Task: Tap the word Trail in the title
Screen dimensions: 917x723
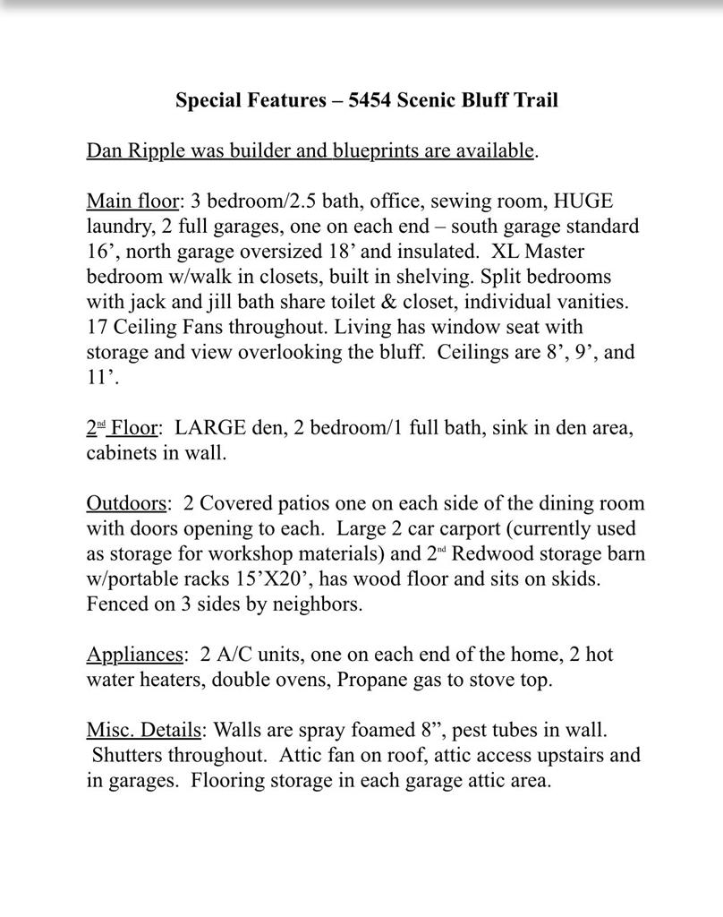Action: (535, 99)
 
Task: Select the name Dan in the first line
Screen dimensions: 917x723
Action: (105, 150)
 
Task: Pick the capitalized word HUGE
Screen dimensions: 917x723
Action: (583, 201)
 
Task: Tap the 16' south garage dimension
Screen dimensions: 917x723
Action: (99, 251)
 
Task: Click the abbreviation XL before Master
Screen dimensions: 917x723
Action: (507, 251)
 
